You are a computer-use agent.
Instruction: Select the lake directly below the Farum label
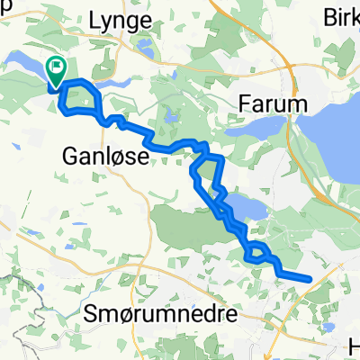click(256, 134)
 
